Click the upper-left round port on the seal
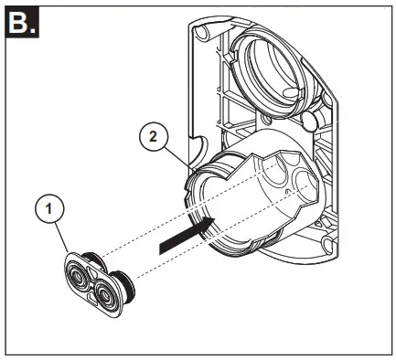(81, 270)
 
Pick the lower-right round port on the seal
(108, 295)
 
